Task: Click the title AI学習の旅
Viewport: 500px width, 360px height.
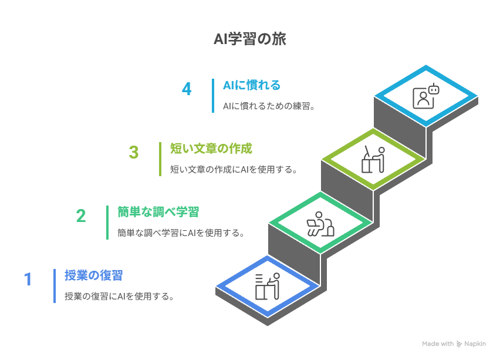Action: [x=249, y=40]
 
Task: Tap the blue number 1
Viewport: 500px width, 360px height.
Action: [x=28, y=279]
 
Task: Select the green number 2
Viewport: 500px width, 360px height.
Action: [x=81, y=216]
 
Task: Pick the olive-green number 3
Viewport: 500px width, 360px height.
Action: [x=134, y=153]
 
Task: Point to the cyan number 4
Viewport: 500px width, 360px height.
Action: [x=187, y=89]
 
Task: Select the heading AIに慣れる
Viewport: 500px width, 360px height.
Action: [x=252, y=85]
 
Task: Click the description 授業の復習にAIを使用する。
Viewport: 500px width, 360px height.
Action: [x=120, y=297]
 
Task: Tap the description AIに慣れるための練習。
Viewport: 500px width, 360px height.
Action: [x=270, y=107]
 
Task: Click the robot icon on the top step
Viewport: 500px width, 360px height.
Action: [x=426, y=96]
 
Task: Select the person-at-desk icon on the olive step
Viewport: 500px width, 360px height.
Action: [x=373, y=159]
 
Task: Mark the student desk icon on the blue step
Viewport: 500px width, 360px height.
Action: [x=267, y=287]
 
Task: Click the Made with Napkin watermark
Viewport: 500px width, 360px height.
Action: [x=454, y=344]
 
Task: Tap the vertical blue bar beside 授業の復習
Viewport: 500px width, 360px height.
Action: [x=55, y=286]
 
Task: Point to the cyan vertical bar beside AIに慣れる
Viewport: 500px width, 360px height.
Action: [x=213, y=96]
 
